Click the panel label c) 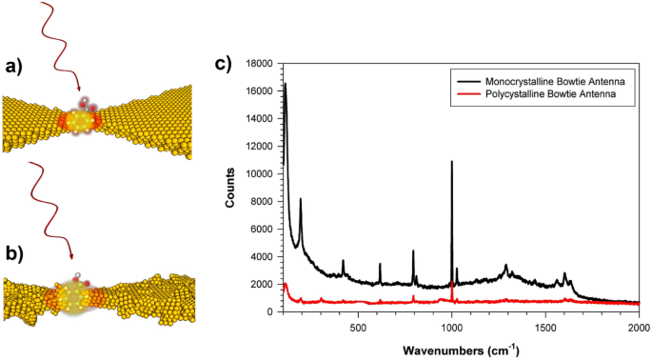pos(222,64)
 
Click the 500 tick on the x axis pos(358,325)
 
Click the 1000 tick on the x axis pos(451,325)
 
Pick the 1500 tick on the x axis pos(544,325)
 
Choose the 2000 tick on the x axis pos(638,325)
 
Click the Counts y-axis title pos(231,188)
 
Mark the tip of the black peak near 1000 pos(451,162)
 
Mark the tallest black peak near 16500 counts pos(285,84)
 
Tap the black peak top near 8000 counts pos(301,199)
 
